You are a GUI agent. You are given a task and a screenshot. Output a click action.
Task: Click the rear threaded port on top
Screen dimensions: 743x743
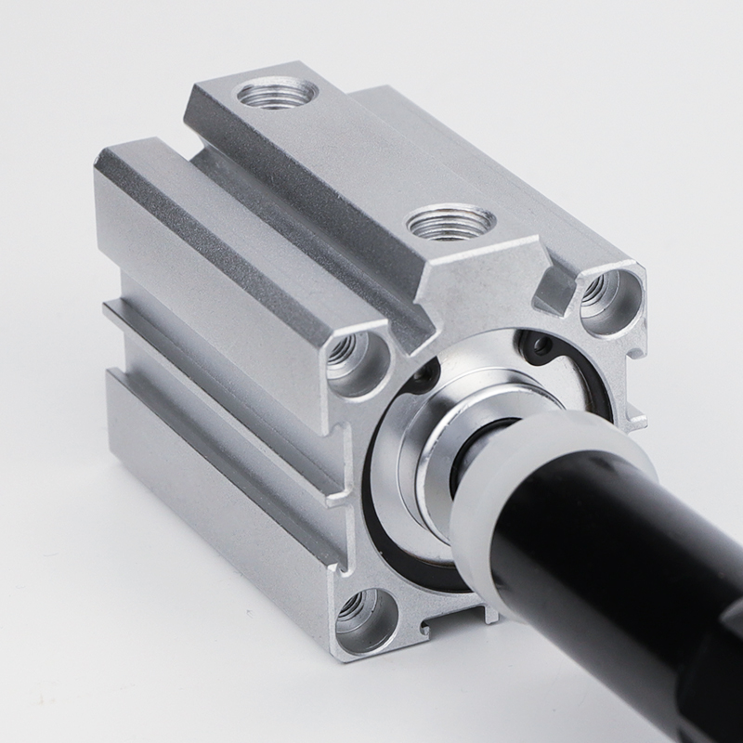click(x=275, y=93)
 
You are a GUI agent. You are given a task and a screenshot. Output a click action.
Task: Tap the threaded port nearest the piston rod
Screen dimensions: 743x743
click(x=451, y=223)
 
